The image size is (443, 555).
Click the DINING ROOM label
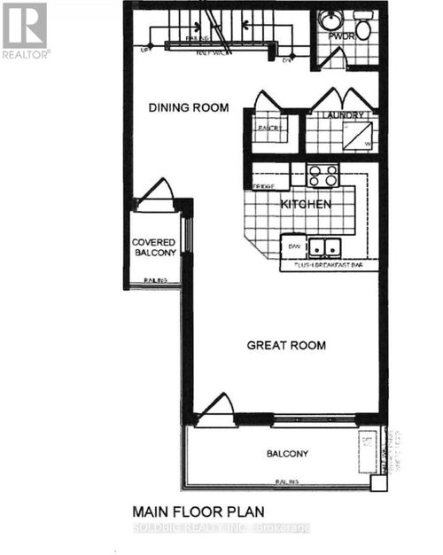188,108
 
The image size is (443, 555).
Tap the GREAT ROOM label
285,345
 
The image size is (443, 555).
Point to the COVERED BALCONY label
154,247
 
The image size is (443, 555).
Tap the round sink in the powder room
330,19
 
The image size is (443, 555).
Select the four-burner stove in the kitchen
323,175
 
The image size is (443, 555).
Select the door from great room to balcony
215,410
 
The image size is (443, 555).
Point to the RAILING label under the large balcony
286,482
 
